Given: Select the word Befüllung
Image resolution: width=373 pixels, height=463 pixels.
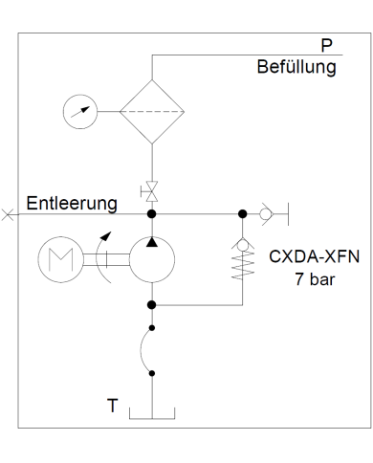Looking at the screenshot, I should (296, 68).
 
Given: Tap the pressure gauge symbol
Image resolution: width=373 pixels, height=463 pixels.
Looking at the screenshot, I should (78, 111).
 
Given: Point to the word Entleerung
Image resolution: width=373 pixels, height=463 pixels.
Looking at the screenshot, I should (72, 204).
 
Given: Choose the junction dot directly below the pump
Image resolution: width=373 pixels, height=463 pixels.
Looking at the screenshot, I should (151, 305).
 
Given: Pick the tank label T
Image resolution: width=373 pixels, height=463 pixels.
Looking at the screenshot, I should (112, 407).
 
